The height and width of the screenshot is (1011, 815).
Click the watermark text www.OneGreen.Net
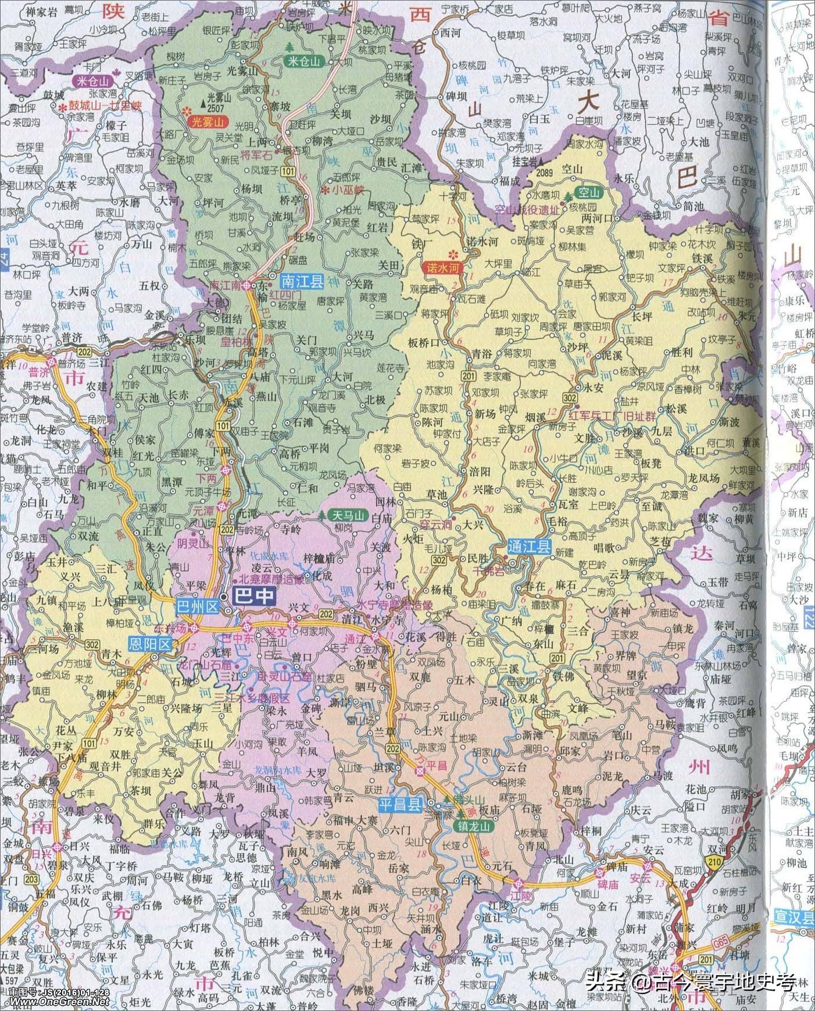point(54,1002)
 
